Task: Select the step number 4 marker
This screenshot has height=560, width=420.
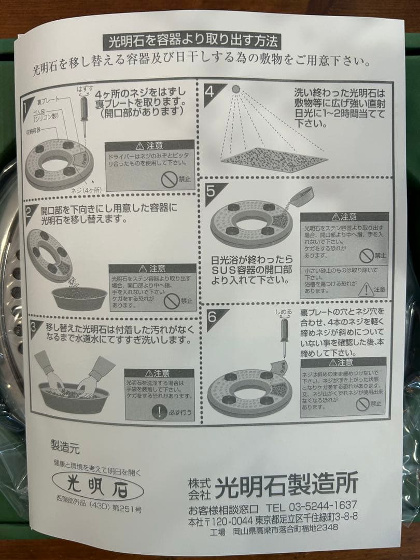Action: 210,92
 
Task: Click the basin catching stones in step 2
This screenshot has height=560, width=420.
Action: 80,298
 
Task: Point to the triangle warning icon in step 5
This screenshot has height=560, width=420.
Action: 367,288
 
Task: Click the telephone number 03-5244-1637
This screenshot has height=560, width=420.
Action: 325,507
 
